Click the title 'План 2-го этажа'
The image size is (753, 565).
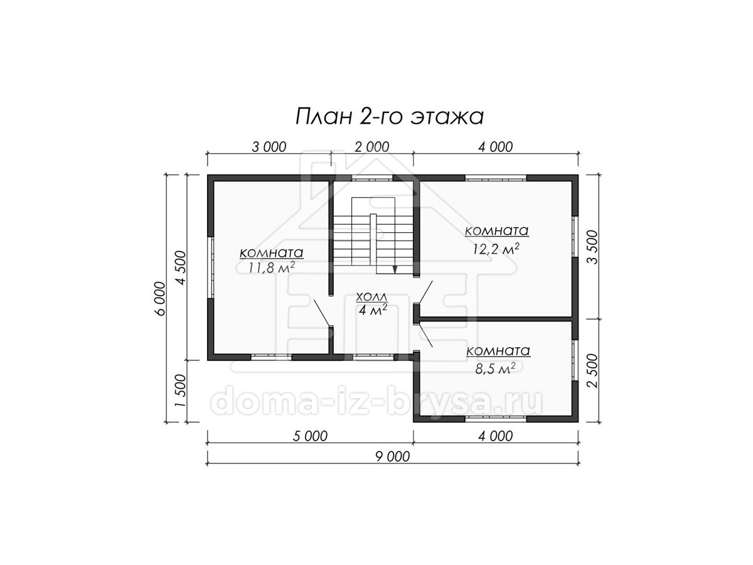coord(390,117)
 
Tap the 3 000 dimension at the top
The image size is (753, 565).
coord(269,147)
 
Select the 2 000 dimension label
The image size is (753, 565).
coord(372,147)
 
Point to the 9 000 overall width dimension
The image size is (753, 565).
coord(392,457)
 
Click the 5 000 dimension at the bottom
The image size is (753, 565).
coord(310,436)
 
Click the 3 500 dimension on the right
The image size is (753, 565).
coord(592,247)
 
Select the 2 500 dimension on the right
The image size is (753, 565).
coord(592,370)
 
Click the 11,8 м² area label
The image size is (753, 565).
coord(271,267)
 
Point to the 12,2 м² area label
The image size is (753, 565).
coord(496,249)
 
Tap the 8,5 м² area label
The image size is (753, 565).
coord(496,369)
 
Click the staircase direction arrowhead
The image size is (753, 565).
coord(395,269)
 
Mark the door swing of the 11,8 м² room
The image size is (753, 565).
coord(322,313)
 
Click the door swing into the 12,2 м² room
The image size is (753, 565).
coord(424,292)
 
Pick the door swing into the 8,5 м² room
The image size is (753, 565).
coord(425,335)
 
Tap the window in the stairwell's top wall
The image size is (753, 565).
coord(373,178)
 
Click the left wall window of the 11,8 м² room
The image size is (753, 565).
coord(211,267)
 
